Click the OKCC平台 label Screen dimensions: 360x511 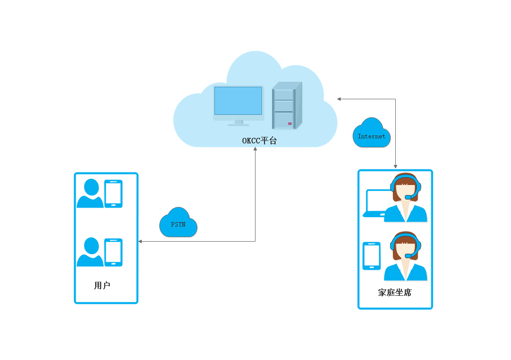pyautogui.click(x=259, y=141)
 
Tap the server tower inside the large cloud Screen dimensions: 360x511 pyautogui.click(x=287, y=106)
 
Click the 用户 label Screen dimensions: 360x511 pyautogui.click(x=102, y=286)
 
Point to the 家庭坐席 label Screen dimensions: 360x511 pyautogui.click(x=395, y=292)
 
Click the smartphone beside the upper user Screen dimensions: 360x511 pyautogui.click(x=113, y=194)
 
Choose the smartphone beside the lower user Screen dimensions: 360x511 pyautogui.click(x=113, y=252)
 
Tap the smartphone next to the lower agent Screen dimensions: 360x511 pyautogui.click(x=371, y=256)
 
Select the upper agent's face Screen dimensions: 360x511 pyautogui.click(x=405, y=191)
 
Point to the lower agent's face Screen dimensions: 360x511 pyautogui.click(x=405, y=249)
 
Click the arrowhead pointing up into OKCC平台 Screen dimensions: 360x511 pyautogui.click(x=255, y=149)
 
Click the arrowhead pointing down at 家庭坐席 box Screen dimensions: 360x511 pyautogui.click(x=396, y=166)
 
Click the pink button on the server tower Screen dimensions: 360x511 pyautogui.click(x=290, y=123)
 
